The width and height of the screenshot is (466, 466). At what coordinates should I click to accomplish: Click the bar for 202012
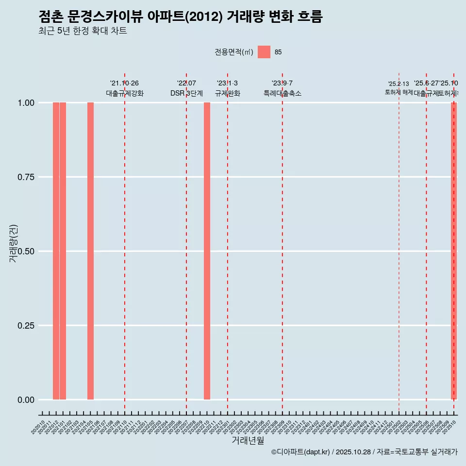pyautogui.click(x=56, y=251)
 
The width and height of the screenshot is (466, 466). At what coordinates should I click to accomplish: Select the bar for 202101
pyautogui.click(x=63, y=251)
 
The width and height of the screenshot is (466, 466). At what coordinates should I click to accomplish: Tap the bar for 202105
pyautogui.click(x=90, y=251)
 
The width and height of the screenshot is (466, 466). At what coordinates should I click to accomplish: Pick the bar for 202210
pyautogui.click(x=207, y=251)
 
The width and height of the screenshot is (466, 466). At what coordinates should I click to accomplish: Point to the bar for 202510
pyautogui.click(x=454, y=251)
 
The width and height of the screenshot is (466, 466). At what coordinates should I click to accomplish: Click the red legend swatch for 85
pyautogui.click(x=264, y=52)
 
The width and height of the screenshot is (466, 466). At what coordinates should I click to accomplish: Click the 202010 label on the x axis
pyautogui.click(x=38, y=427)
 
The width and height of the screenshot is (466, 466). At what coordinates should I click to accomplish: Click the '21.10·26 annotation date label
pyautogui.click(x=124, y=83)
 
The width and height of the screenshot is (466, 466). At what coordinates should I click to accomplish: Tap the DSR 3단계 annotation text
pyautogui.click(x=186, y=93)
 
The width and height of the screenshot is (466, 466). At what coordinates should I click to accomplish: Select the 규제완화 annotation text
pyautogui.click(x=228, y=93)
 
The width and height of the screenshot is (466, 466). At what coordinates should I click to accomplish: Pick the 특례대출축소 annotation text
pyautogui.click(x=283, y=93)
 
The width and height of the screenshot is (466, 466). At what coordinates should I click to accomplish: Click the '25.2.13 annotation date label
pyautogui.click(x=399, y=84)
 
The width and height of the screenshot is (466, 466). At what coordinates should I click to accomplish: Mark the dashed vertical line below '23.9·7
pyautogui.click(x=283, y=243)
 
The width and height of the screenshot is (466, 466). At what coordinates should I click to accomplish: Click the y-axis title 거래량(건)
pyautogui.click(x=13, y=243)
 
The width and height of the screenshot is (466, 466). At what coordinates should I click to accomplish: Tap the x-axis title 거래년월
pyautogui.click(x=248, y=441)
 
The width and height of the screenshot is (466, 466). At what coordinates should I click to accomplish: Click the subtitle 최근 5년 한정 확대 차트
pyautogui.click(x=83, y=31)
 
